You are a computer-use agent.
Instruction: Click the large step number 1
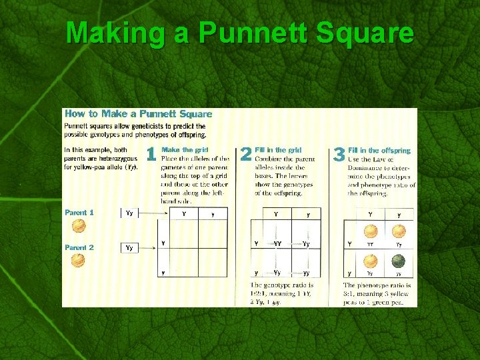(x=151, y=155)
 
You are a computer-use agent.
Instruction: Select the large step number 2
(x=245, y=155)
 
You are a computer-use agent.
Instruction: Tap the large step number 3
(x=338, y=155)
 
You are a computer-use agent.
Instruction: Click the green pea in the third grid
(x=398, y=260)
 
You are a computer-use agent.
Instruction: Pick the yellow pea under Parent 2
(x=79, y=260)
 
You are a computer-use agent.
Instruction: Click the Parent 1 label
(x=79, y=213)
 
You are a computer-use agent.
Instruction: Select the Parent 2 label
(x=79, y=247)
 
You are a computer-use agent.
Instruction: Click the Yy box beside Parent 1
(x=129, y=213)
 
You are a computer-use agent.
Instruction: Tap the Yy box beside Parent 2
(x=129, y=247)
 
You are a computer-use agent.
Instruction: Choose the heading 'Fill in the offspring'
(x=379, y=151)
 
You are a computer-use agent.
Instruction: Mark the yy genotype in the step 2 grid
(x=306, y=273)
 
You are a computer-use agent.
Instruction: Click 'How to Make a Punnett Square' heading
(x=138, y=114)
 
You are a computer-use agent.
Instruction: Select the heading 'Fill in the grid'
(x=278, y=151)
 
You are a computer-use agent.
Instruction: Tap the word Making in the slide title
(x=115, y=33)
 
